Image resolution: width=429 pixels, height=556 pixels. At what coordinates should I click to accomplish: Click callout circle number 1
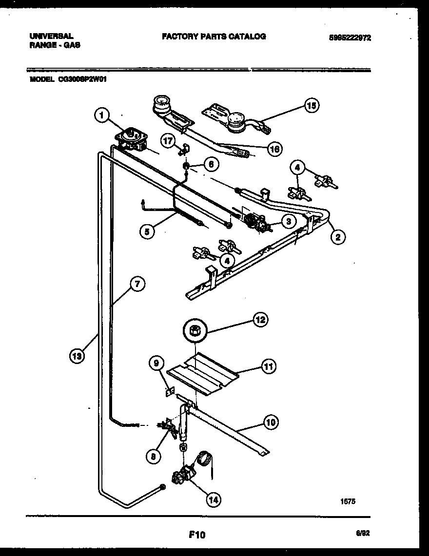(x=101, y=115)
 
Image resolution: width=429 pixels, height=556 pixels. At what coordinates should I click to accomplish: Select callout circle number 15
(x=311, y=106)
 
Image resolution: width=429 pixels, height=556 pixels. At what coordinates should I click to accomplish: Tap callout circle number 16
(x=274, y=149)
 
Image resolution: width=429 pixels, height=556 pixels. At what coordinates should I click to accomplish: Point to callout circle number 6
(x=210, y=165)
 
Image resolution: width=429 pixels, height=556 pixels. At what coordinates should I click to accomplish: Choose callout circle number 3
(x=288, y=221)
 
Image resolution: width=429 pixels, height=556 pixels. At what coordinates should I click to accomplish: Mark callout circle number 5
(x=147, y=231)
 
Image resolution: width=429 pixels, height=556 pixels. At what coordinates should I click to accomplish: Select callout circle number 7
(x=137, y=284)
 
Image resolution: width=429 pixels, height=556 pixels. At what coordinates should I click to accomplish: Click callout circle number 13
(x=76, y=356)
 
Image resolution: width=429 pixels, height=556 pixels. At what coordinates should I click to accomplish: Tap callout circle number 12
(x=260, y=320)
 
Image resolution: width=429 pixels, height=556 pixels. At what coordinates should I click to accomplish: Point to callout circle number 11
(x=268, y=366)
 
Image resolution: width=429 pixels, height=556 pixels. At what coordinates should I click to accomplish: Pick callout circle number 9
(x=156, y=363)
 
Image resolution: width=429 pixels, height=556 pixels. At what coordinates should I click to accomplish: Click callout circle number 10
(x=271, y=422)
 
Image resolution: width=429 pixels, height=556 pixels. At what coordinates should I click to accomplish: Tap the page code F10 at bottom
(x=197, y=535)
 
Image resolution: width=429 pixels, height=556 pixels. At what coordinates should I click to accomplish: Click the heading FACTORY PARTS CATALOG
(x=214, y=37)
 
